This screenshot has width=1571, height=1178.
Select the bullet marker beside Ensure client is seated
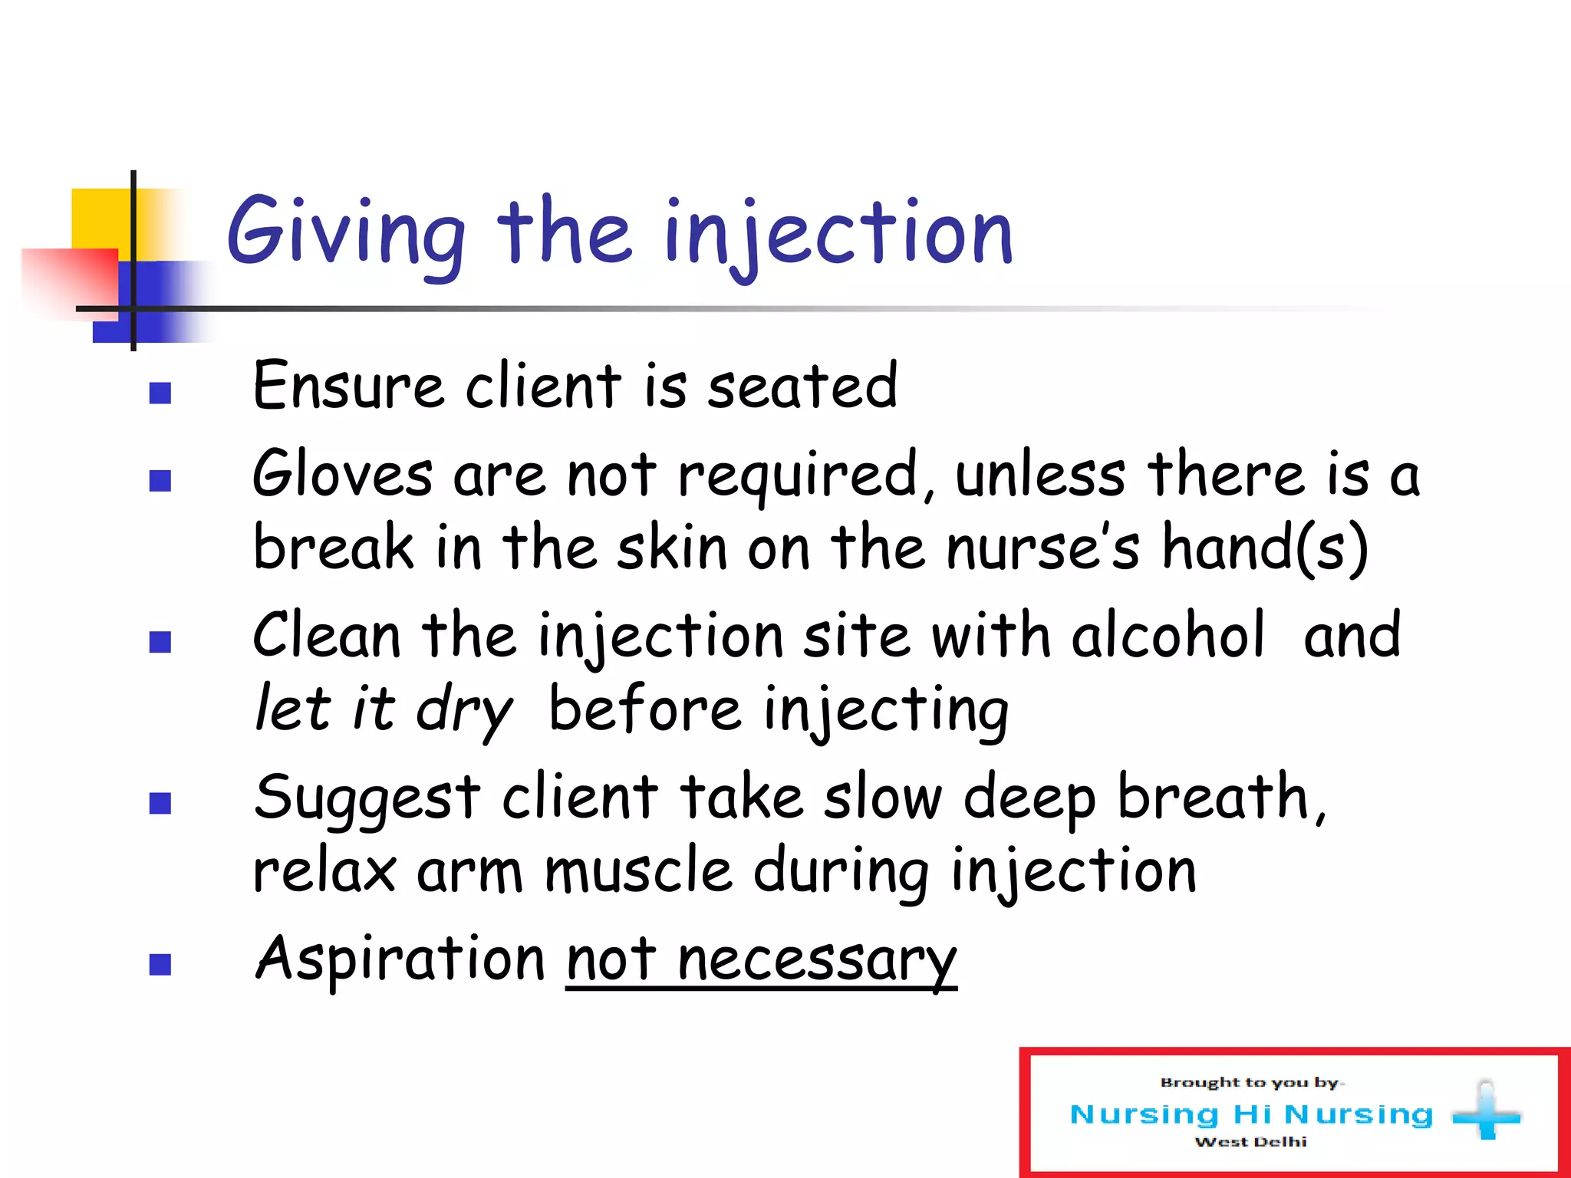tap(160, 393)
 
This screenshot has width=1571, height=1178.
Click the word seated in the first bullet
tap(802, 386)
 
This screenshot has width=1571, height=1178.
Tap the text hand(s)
tap(1264, 547)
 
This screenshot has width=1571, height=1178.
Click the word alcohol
tap(1166, 636)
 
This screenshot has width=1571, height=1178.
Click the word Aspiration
tap(400, 959)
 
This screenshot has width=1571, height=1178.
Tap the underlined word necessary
tap(817, 960)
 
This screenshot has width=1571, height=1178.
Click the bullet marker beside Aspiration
tap(160, 964)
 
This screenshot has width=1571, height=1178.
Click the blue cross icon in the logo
tap(1486, 1112)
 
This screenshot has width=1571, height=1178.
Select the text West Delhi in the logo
tap(1250, 1142)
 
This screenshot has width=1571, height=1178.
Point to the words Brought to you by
tap(1250, 1083)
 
